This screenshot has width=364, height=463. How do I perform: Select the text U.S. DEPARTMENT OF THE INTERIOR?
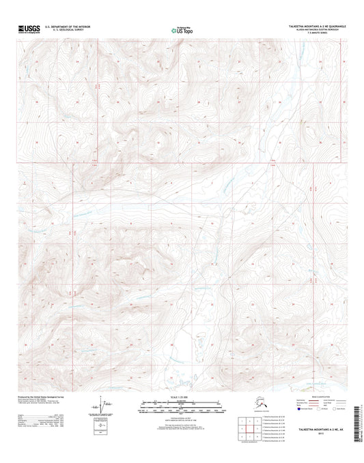67,26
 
